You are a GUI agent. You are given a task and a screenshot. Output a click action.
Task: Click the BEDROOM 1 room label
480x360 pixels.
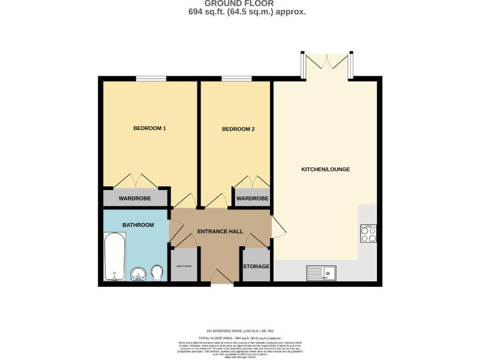[149, 128]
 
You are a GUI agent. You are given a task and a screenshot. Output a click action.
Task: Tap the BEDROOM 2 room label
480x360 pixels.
[238, 129]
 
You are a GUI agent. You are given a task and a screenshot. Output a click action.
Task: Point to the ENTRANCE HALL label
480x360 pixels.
[220, 231]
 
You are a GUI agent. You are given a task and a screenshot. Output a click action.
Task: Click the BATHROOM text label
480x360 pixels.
[137, 225]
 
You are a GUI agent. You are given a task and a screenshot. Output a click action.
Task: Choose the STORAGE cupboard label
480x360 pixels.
[256, 266]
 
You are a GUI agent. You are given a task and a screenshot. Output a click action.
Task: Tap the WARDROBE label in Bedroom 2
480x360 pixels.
[252, 199]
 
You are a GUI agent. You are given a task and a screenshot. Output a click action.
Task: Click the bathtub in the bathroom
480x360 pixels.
[115, 257]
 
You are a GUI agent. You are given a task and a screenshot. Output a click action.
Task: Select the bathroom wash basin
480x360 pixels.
[139, 273]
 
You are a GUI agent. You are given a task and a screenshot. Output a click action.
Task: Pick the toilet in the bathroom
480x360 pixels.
[157, 272]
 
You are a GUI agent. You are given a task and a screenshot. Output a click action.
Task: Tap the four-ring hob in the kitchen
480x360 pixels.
[368, 234]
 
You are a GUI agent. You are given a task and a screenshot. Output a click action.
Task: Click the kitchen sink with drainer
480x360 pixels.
[321, 272]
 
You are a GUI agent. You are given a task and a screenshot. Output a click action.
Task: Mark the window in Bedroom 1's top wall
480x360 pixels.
[151, 78]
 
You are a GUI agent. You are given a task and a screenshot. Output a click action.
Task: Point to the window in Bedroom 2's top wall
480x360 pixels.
[232, 78]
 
